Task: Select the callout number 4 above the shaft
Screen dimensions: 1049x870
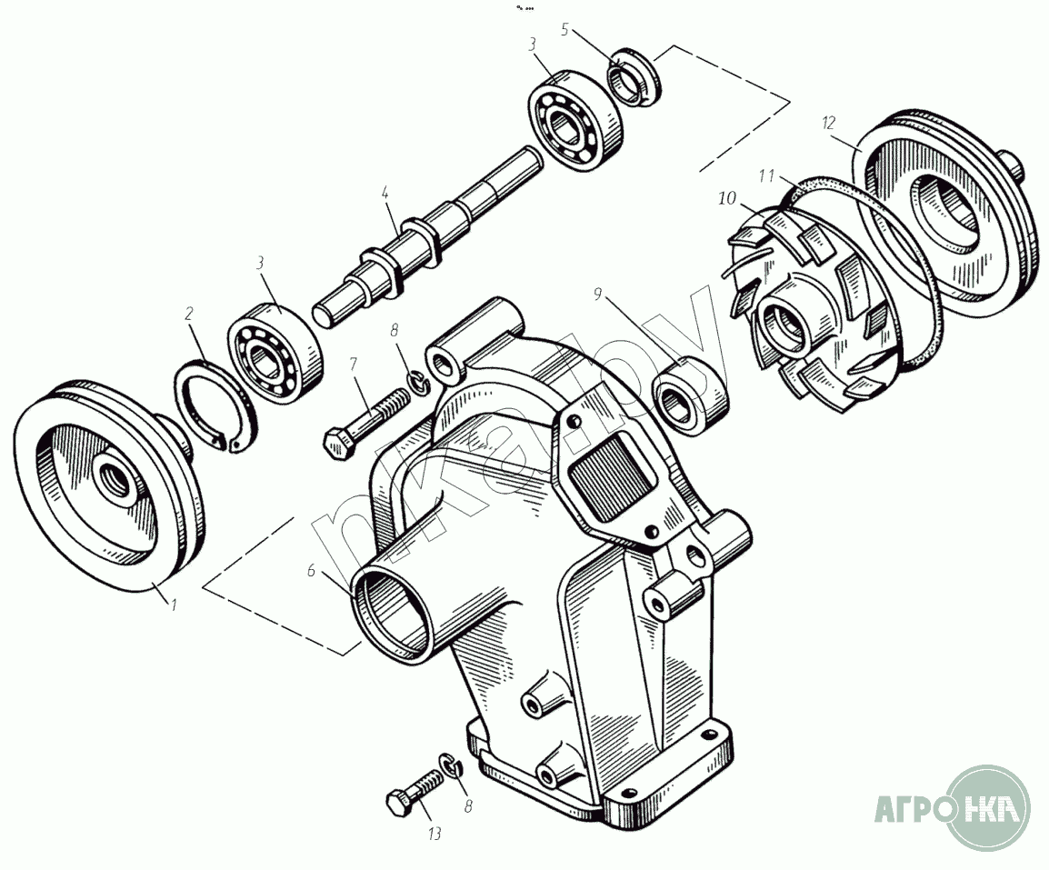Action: (385, 194)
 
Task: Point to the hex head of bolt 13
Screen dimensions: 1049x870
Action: (397, 803)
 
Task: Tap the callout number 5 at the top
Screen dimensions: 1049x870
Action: (564, 30)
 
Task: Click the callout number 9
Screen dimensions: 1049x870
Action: (597, 294)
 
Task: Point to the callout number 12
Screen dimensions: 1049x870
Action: (827, 121)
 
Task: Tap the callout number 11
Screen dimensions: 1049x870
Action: (767, 173)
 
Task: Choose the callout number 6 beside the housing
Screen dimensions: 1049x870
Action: (311, 571)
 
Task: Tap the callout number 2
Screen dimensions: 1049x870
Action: (189, 314)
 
